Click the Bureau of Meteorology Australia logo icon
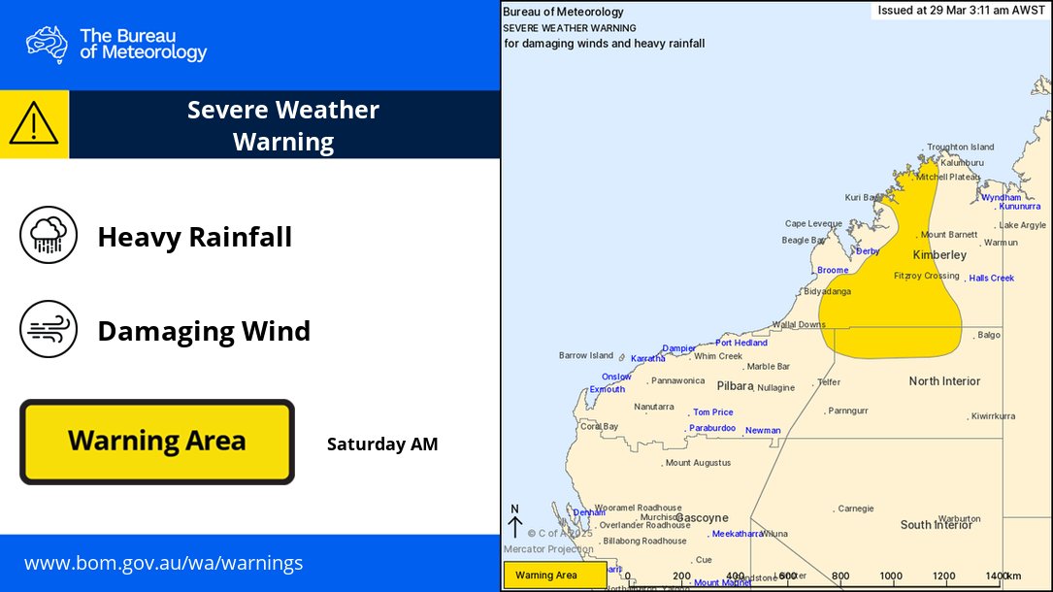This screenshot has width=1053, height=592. (47, 44)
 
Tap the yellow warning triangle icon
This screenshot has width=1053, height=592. (34, 124)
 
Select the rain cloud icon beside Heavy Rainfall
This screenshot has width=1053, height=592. (49, 235)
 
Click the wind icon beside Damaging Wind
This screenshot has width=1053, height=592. (49, 330)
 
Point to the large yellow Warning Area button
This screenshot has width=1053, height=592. (156, 442)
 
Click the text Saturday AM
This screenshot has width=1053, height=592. (382, 444)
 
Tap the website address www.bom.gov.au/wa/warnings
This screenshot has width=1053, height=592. (163, 563)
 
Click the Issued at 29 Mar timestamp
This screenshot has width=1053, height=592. (961, 11)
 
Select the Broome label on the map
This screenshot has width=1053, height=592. (833, 270)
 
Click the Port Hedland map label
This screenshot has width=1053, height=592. (741, 343)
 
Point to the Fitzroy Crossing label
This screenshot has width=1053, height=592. (926, 276)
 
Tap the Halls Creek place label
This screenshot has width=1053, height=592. (991, 279)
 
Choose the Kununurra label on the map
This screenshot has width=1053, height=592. (1019, 206)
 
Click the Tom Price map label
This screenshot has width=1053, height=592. (713, 412)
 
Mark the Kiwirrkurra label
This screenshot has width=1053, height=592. (993, 416)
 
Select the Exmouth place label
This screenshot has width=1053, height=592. (608, 389)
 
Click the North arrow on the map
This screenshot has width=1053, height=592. (514, 521)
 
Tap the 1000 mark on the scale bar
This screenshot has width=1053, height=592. (891, 576)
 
